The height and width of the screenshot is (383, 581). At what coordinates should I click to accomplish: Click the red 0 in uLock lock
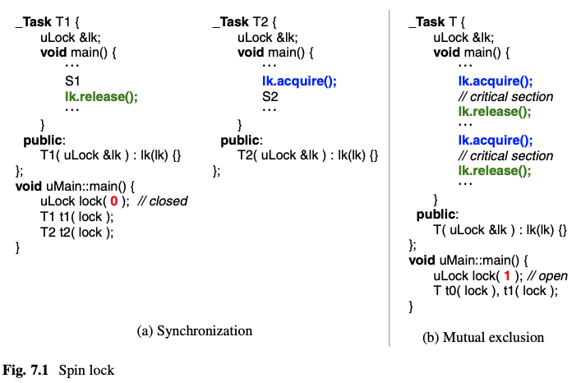coord(115,201)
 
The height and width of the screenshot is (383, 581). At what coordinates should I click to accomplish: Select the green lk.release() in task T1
coord(101,96)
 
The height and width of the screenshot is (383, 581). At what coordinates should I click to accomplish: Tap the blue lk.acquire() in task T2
coord(300,81)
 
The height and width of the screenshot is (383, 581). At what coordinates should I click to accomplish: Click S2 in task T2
coord(271,96)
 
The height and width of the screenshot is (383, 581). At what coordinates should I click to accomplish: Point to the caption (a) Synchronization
coord(194,330)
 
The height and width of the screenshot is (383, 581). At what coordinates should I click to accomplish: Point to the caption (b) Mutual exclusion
coord(483,337)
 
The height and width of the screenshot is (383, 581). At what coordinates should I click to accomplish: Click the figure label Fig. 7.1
coord(26,370)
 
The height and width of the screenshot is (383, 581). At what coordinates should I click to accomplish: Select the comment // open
coord(546,275)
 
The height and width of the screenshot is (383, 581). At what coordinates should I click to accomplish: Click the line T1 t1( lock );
coord(76,216)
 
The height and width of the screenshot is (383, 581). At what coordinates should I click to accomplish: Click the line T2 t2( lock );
coord(76,232)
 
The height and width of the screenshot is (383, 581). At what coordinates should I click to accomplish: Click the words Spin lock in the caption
coord(86,370)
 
